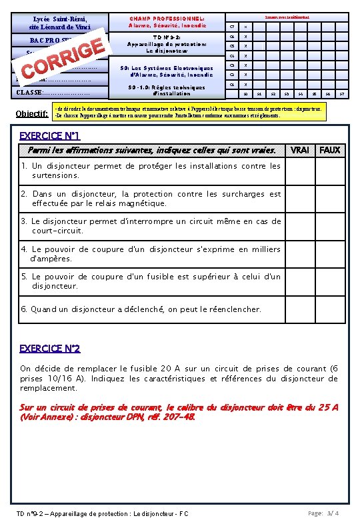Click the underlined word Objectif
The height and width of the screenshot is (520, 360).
28,113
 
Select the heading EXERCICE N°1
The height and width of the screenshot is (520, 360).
50,136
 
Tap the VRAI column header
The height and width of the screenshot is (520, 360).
299,150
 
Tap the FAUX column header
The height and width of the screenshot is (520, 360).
329,150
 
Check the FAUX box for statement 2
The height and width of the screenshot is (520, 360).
329,199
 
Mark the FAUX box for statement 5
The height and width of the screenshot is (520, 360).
329,281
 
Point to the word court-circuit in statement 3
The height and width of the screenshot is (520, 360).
57,231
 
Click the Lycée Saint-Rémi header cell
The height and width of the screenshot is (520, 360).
60,23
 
